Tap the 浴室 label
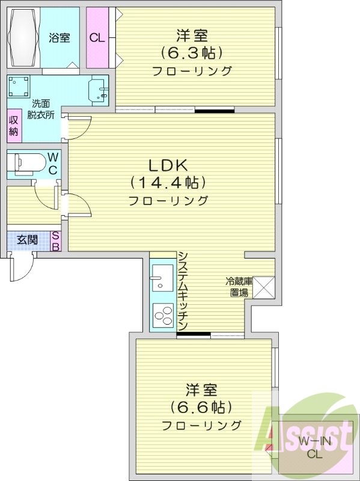pyautogui.click(x=59, y=38)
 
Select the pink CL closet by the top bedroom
pyautogui.click(x=96, y=38)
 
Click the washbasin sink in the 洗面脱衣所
pyautogui.click(x=99, y=92)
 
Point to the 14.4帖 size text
pyautogui.click(x=168, y=182)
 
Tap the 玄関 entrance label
pyautogui.click(x=27, y=239)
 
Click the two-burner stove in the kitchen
pyautogui.click(x=162, y=314)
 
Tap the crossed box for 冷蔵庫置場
pyautogui.click(x=264, y=287)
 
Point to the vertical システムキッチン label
pyautogui.click(x=183, y=291)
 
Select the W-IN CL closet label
pyautogui.click(x=316, y=448)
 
